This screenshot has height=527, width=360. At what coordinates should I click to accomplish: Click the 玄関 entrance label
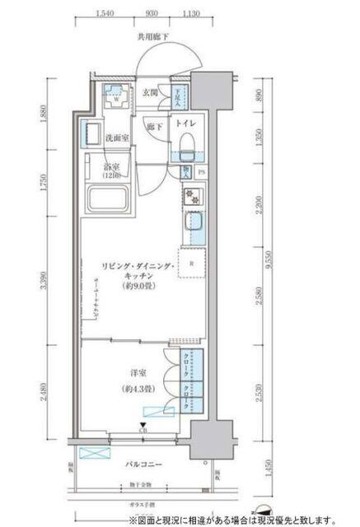(152, 91)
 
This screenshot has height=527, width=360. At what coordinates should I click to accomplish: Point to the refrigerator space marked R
(191, 265)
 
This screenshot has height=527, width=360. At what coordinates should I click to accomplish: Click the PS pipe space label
(203, 173)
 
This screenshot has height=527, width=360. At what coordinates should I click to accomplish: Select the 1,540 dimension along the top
(104, 13)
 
